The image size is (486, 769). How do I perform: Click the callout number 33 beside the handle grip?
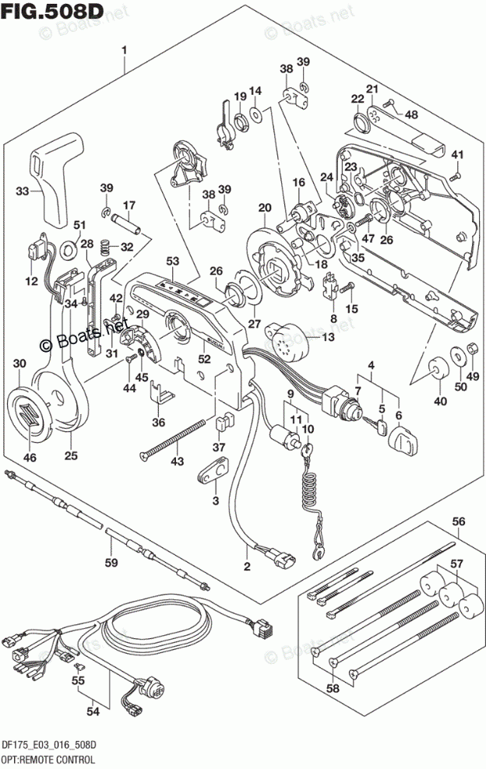pos(23,190)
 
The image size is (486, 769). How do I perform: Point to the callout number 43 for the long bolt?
pos(178,462)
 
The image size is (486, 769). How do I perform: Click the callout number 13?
pos(326,336)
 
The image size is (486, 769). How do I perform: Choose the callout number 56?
pos(459,521)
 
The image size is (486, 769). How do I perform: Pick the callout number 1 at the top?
pos(124,51)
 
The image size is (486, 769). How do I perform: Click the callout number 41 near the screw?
pos(457,153)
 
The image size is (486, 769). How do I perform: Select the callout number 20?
pos(265,208)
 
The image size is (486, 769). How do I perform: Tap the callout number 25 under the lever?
pos(71,455)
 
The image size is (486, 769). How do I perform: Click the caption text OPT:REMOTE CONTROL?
pos(52,759)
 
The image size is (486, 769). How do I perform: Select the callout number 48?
pos(411,114)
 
